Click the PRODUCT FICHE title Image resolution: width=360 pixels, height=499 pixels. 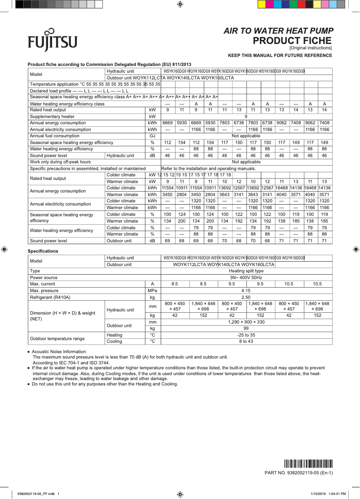[292, 41]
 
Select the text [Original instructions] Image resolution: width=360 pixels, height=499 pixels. [311, 48]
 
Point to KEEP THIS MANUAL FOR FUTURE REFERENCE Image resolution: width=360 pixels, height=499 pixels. [280, 56]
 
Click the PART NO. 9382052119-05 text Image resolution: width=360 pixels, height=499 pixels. [299, 473]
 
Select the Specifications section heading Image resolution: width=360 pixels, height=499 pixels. [43, 251]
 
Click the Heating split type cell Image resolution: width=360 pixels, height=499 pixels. [246, 271]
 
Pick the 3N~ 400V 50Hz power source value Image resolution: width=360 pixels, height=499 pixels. [246, 277]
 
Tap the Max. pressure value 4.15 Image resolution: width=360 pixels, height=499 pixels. [246, 290]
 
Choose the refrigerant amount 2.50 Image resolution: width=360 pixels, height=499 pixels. [246, 297]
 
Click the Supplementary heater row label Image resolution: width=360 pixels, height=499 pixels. [52, 116]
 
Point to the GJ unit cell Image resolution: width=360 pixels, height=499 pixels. [152, 136]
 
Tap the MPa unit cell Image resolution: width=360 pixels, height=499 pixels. [152, 290]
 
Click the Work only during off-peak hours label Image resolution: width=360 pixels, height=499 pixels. [60, 162]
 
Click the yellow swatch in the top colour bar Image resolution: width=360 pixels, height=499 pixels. [261, 4]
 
